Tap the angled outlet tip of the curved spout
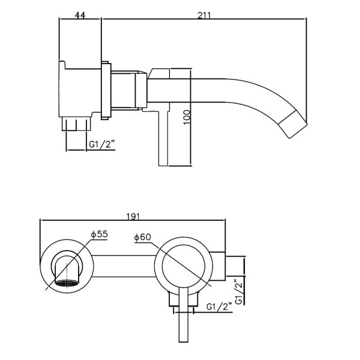click(x=294, y=124)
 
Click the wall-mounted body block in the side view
click(x=80, y=90)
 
